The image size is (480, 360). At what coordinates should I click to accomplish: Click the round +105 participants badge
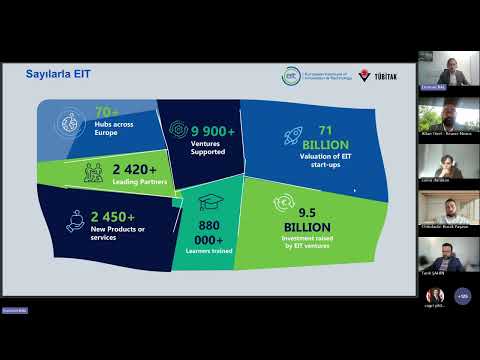pos(462,296)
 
